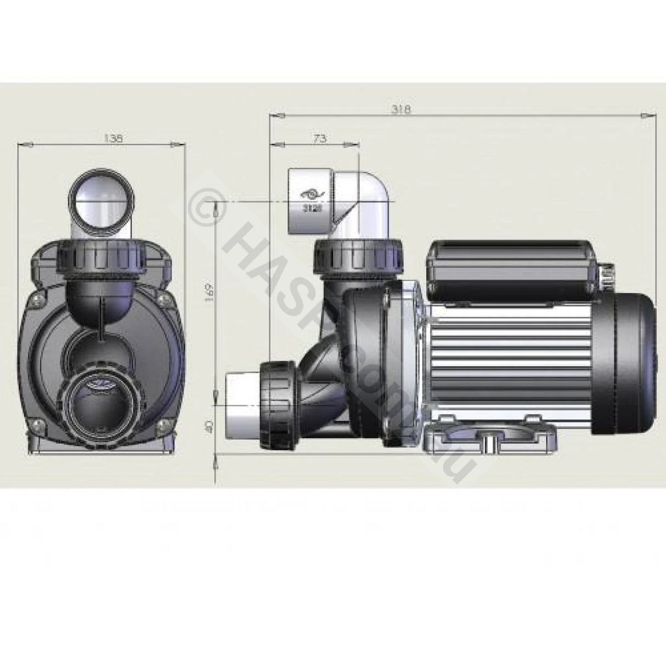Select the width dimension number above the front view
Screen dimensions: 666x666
click(x=113, y=139)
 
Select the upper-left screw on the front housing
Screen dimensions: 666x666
click(x=37, y=298)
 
